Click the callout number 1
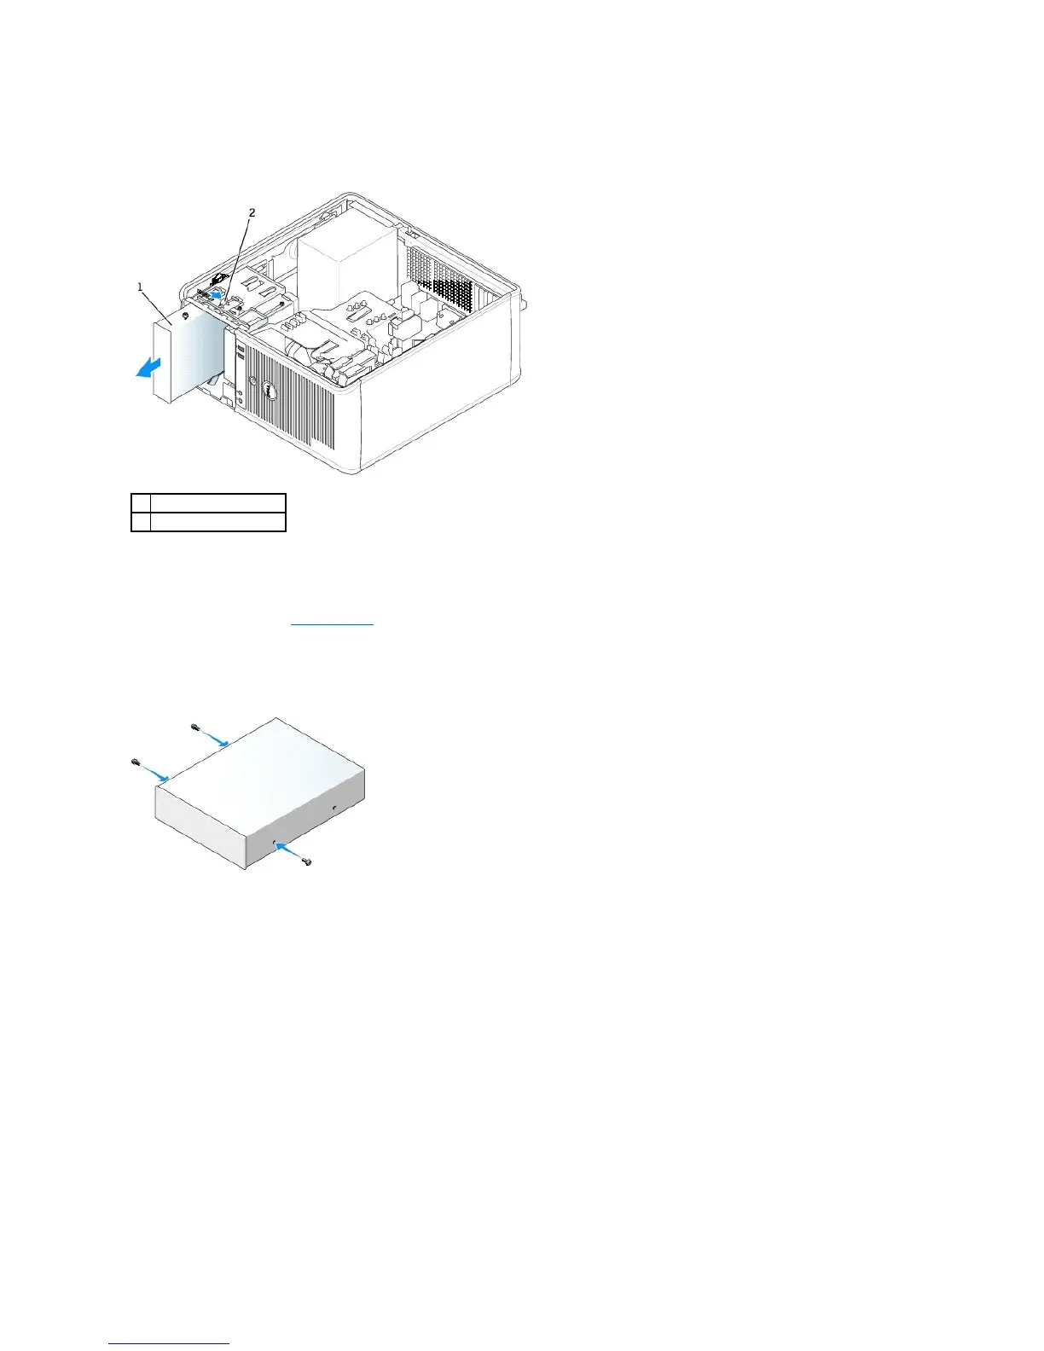pyautogui.click(x=141, y=287)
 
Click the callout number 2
pyautogui.click(x=252, y=212)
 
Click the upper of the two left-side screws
pyautogui.click(x=195, y=727)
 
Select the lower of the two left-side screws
pyautogui.click(x=135, y=761)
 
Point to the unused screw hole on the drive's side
pyautogui.click(x=334, y=806)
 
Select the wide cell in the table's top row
pyautogui.click(x=217, y=502)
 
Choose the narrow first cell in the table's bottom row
pyautogui.click(x=141, y=521)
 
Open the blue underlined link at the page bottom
pyautogui.click(x=169, y=1342)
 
